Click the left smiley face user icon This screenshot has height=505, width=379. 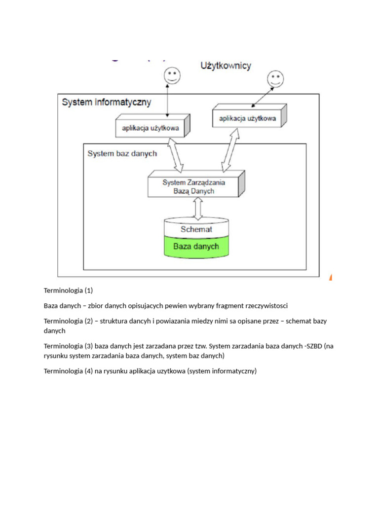(x=172, y=75)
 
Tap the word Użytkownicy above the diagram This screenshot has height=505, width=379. (x=226, y=66)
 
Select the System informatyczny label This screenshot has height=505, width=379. (x=107, y=103)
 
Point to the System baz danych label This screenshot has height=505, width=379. (x=122, y=153)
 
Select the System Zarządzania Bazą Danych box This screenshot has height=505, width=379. (x=194, y=186)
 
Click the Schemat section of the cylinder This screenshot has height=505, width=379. (x=196, y=229)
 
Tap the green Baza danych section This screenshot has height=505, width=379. (x=196, y=246)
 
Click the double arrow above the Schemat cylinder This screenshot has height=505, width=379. (x=198, y=208)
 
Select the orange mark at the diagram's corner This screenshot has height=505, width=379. (x=331, y=278)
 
